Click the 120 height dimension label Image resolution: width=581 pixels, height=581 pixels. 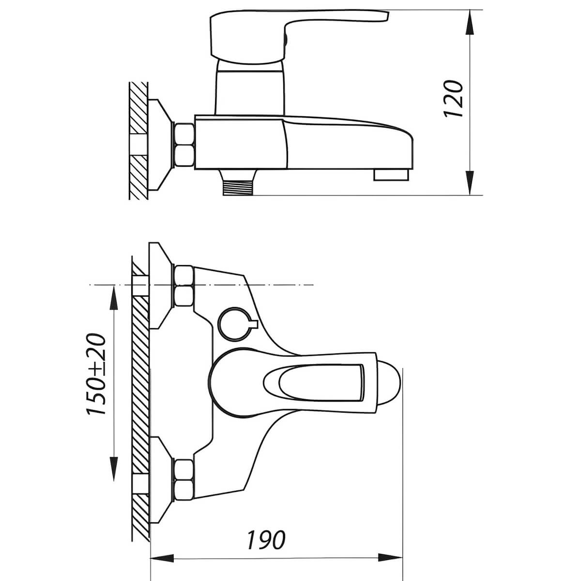coord(453,99)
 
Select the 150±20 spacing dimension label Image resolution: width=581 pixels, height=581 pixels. coord(96,374)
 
